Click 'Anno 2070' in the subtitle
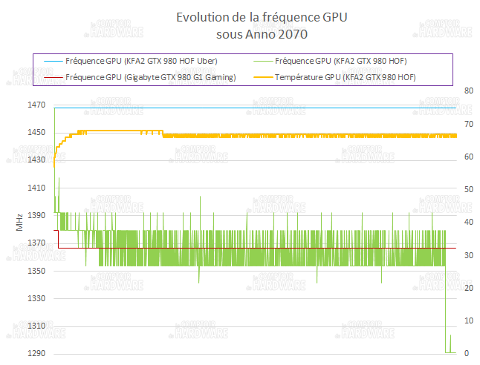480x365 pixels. point(276,34)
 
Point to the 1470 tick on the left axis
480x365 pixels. point(36,105)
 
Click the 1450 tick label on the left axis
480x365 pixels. point(36,133)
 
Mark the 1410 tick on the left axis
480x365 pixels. point(36,188)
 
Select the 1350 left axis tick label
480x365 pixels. point(36,271)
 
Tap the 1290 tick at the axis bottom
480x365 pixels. point(36,354)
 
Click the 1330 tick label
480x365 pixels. point(36,299)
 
